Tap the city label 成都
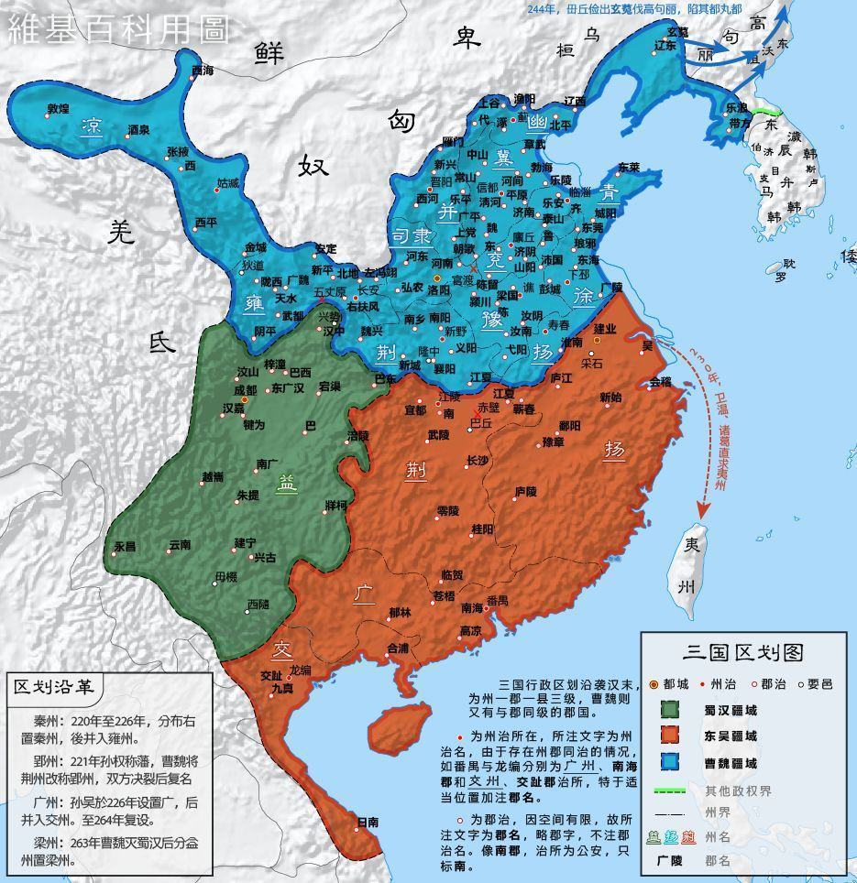[246, 389]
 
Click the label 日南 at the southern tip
[368, 822]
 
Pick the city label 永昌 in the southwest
[125, 546]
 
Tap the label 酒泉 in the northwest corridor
[138, 130]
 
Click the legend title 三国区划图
[743, 652]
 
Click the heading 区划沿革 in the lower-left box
[56, 687]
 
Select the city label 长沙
[478, 460]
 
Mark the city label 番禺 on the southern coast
[497, 601]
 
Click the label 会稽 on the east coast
[660, 381]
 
